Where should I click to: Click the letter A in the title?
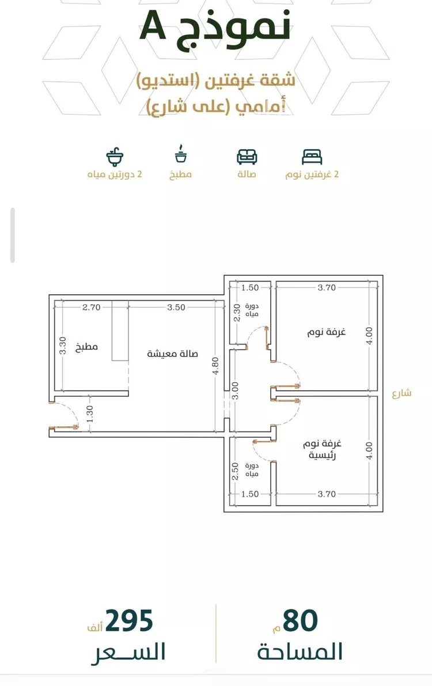pyautogui.click(x=153, y=26)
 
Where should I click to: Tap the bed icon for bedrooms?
pyautogui.click(x=312, y=157)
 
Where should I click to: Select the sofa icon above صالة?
pyautogui.click(x=247, y=157)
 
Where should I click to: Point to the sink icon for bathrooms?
pyautogui.click(x=115, y=157)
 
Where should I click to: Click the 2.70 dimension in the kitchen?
pyautogui.click(x=92, y=307)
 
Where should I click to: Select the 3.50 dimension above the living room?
pyautogui.click(x=176, y=307)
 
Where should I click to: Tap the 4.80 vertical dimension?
pyautogui.click(x=215, y=366)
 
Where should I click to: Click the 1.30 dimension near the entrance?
pyautogui.click(x=89, y=414)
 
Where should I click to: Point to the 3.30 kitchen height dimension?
pyautogui.click(x=63, y=346)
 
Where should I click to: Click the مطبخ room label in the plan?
pyautogui.click(x=86, y=347)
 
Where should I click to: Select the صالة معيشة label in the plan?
pyautogui.click(x=172, y=353)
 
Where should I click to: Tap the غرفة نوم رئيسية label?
pyautogui.click(x=322, y=449)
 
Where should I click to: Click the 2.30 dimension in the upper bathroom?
pyautogui.click(x=237, y=313)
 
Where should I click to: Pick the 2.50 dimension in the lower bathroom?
pyautogui.click(x=235, y=471)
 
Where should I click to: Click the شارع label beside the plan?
pyautogui.click(x=401, y=392)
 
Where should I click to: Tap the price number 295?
pyautogui.click(x=129, y=621)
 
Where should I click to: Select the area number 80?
pyautogui.click(x=300, y=621)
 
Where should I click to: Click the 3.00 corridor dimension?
pyautogui.click(x=235, y=391)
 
